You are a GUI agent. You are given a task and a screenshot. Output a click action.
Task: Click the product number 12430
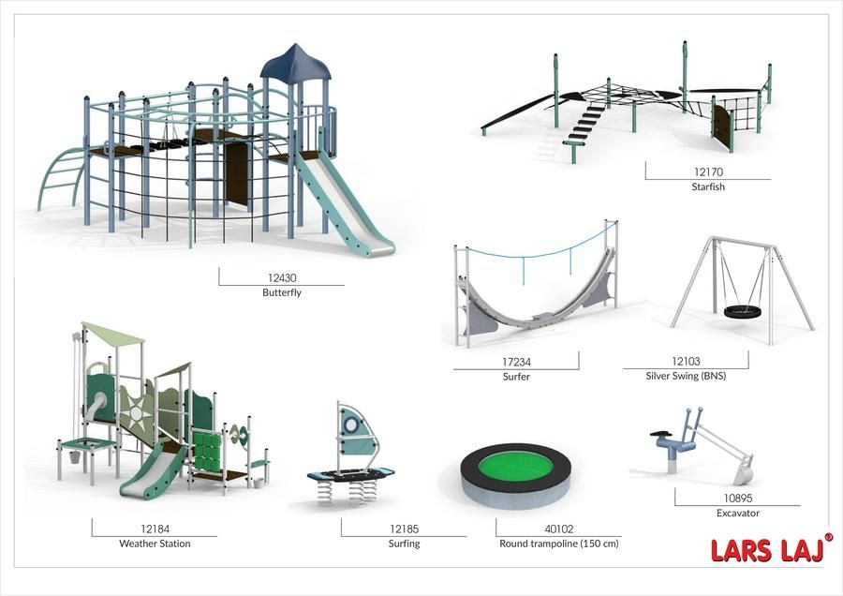pos(282,278)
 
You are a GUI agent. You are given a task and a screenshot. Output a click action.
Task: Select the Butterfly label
pos(282,292)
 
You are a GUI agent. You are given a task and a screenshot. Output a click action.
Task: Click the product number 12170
pos(708,172)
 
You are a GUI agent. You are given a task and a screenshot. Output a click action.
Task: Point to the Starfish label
pos(708,186)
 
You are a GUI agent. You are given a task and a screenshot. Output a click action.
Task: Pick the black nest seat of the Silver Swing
pos(744,312)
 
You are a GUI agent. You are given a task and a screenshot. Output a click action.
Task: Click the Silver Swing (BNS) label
pos(686,376)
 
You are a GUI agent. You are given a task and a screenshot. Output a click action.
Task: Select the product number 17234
pos(516,362)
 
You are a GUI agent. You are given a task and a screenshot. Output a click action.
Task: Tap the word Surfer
pos(516,377)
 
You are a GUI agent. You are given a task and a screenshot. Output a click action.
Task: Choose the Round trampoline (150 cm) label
pos(559,544)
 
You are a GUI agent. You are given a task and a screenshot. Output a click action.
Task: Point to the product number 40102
pos(559,529)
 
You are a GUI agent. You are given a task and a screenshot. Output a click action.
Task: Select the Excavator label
pos(738,514)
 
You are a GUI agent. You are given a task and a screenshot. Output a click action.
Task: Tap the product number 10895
pos(738,499)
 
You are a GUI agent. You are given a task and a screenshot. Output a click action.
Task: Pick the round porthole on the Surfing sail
pos(350,425)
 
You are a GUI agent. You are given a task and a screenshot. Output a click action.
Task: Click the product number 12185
pos(404,529)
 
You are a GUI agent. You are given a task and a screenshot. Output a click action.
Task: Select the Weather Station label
pos(155,544)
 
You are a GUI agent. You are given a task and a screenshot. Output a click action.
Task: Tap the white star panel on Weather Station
pos(136,412)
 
